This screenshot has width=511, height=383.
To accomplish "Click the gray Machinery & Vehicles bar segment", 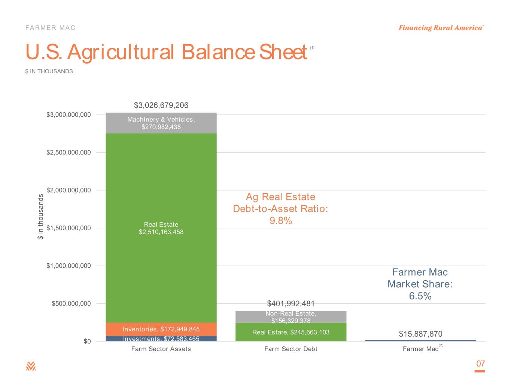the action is tap(161, 123).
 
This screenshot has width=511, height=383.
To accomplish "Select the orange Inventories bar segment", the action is tap(161, 329).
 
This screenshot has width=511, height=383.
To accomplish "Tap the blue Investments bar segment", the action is tap(161, 338).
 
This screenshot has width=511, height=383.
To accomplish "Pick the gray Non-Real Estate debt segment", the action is tap(291, 317).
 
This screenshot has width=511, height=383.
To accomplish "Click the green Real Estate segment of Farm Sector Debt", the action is tap(291, 332).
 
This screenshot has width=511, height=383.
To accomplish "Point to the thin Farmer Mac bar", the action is tap(420, 341).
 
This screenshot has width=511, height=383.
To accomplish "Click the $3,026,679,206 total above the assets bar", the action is tap(161, 105).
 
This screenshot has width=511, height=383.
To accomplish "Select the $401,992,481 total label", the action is tap(291, 303).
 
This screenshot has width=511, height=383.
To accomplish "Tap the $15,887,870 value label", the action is tap(420, 334).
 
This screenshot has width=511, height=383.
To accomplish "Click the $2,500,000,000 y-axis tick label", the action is tap(69, 153).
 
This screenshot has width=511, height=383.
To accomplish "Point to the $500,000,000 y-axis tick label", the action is tap(71, 303).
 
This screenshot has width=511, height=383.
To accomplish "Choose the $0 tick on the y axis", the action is tap(87, 341).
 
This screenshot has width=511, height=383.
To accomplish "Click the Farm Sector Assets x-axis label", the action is tap(161, 349).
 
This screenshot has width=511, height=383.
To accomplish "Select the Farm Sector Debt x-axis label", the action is tap(291, 349).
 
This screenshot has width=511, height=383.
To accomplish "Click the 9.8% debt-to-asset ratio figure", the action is tap(280, 221).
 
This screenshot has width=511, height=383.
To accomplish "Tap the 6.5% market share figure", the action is tap(420, 296).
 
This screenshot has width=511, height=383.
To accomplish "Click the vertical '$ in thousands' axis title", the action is tap(40, 217).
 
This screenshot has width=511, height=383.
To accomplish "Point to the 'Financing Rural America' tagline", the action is tap(441, 28).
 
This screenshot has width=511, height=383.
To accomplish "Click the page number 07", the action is tap(481, 364).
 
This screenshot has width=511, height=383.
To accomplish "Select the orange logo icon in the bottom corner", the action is tap(31, 366).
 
